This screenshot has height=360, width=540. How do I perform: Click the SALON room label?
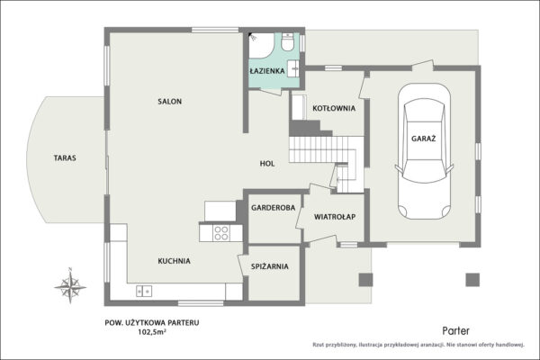point(169,102)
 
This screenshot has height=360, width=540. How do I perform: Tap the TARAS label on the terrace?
point(65,158)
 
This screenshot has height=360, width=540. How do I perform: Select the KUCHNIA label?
point(174,261)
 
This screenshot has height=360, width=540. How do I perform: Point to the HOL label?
point(267,164)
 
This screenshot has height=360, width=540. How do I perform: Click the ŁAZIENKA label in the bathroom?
point(267,70)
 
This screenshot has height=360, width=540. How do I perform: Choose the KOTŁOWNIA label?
point(334,108)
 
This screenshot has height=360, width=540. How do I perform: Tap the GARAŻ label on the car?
point(424,139)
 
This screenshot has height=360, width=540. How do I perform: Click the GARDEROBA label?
point(273,208)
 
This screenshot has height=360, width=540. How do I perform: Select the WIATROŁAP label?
point(335,217)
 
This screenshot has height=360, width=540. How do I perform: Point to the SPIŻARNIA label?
point(270,266)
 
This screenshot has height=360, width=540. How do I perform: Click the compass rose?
point(70,286)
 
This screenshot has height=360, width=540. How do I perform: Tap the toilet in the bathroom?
point(287,41)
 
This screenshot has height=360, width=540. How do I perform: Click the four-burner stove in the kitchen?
point(221,233)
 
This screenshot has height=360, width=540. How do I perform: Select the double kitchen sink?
point(144,291)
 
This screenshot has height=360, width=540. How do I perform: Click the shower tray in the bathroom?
point(261,46)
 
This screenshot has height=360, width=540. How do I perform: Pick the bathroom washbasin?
point(293,68)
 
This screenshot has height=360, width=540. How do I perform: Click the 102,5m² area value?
point(152,332)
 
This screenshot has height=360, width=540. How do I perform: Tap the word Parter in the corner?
point(455,331)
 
